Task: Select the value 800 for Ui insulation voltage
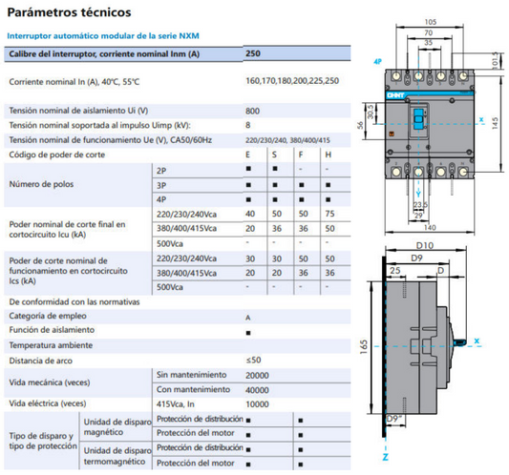pos(252,110)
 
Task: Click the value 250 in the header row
pos(252,54)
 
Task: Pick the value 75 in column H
pos(329,215)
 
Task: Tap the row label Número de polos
pos(41,183)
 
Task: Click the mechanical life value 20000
pos(259,375)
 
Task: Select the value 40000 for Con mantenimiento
pos(259,389)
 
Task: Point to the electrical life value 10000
pos(259,403)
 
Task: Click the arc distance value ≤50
pos(253,360)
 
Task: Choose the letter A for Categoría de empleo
pos(248,316)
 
